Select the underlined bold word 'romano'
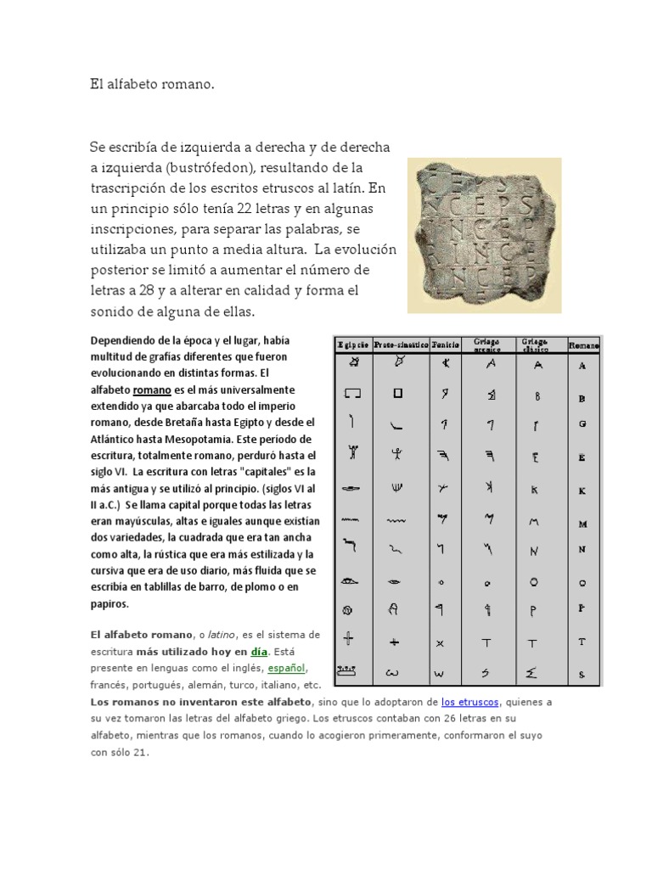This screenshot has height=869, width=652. pos(152,390)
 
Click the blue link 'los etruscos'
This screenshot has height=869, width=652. pos(470,701)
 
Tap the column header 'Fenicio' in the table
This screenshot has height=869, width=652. pos(446,345)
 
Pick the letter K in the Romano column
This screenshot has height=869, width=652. pos(582,491)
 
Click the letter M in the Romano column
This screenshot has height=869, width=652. pos(582,524)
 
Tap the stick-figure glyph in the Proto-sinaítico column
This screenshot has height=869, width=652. pos(396,455)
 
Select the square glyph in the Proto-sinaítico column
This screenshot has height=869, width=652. pos(396,394)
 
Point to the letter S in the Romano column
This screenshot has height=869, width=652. pos(582,675)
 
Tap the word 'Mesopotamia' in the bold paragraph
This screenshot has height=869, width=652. pos(209,439)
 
